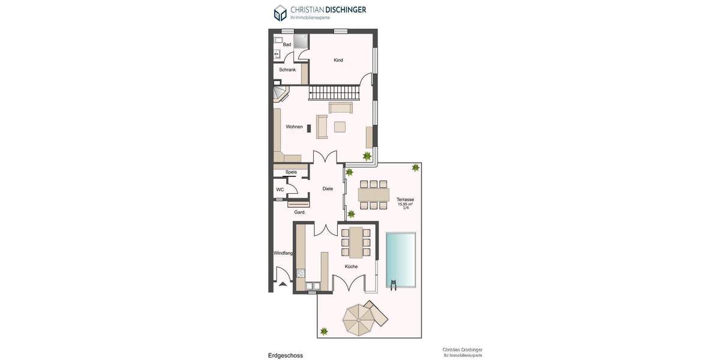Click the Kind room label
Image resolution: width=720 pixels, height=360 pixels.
[x=338, y=60]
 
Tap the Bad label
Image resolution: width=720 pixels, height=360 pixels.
[x=287, y=44]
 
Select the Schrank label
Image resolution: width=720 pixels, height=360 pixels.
[x=287, y=70]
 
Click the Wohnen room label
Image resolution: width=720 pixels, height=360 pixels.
[x=294, y=127]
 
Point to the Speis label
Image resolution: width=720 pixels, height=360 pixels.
[x=291, y=172]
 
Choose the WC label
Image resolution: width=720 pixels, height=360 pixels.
[x=280, y=190]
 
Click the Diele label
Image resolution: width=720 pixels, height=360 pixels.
[x=328, y=188]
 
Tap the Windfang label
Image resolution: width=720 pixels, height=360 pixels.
[x=283, y=253]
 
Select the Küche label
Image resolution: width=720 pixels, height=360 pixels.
[x=351, y=266]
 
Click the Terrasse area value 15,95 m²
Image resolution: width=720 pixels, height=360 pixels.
[x=405, y=204]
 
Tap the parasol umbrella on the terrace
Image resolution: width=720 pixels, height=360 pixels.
[x=358, y=319]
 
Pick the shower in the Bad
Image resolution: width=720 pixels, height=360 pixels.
[x=300, y=41]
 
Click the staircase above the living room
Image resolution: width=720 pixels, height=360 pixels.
[x=334, y=93]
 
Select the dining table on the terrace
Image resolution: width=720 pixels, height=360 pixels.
[x=373, y=195]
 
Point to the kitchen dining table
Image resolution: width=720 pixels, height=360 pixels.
[x=356, y=242]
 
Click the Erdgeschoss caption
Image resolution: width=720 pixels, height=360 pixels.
[x=286, y=355]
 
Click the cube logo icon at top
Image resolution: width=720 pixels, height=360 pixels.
[x=280, y=13]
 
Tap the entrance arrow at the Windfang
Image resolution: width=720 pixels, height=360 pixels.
[x=283, y=284]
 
